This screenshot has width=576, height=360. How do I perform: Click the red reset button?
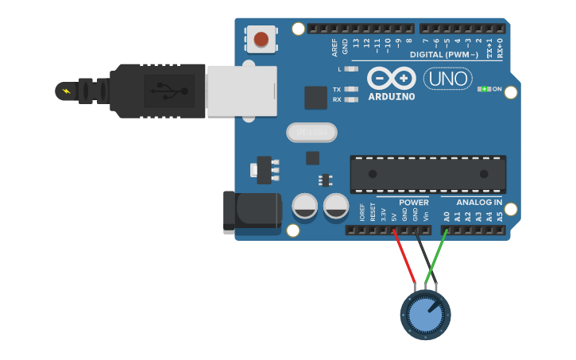click(261, 38)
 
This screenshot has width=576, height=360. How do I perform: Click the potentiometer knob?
click(426, 315)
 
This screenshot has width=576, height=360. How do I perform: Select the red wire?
click(404, 257)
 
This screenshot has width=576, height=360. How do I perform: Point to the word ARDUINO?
click(391, 97)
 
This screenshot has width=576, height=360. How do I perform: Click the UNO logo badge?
click(447, 78)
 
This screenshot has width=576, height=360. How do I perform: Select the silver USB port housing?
click(242, 91)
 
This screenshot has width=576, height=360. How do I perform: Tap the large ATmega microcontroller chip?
click(427, 173)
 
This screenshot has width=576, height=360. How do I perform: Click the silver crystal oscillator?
click(311, 132)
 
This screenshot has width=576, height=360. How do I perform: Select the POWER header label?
click(413, 203)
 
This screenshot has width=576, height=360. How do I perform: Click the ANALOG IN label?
click(478, 203)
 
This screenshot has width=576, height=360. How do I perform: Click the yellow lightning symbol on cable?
click(65, 91)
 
